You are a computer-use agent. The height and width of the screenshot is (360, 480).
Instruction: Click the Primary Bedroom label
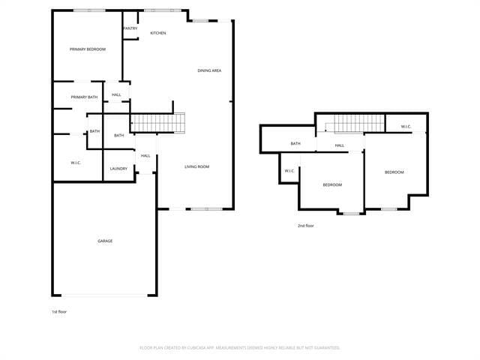pyautogui.click(x=88, y=49)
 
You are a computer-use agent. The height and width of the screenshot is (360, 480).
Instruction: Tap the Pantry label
pyautogui.click(x=130, y=28)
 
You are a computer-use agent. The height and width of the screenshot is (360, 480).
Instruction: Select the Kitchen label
pyautogui.click(x=157, y=33)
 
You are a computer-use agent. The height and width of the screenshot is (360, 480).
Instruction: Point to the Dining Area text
pyautogui.click(x=209, y=70)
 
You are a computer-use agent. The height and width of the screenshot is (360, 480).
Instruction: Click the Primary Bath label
pyautogui.click(x=84, y=97)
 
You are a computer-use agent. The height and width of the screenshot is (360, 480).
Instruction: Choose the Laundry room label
pyautogui.click(x=118, y=169)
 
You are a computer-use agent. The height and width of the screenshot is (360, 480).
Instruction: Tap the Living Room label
pyautogui.click(x=196, y=166)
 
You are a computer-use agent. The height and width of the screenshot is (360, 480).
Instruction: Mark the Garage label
pyautogui.click(x=105, y=241)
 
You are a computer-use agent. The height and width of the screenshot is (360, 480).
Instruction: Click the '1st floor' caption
pyautogui.click(x=59, y=311)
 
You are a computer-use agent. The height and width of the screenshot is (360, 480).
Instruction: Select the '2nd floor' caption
pyautogui.click(x=306, y=226)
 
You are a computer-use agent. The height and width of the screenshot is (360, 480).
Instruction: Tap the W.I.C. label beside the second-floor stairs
pyautogui.click(x=406, y=126)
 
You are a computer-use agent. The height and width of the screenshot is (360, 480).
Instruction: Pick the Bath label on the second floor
pyautogui.click(x=295, y=143)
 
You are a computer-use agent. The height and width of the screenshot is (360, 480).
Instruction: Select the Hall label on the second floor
pyautogui.click(x=340, y=145)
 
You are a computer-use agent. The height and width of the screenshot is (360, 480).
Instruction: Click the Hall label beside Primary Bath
pyautogui.click(x=116, y=94)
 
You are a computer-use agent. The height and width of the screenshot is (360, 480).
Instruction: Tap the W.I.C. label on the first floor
pyautogui.click(x=76, y=163)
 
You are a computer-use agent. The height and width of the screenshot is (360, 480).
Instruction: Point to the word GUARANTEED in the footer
pyautogui.click(x=325, y=348)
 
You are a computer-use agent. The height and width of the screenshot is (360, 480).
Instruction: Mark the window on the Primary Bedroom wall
pyautogui.click(x=89, y=10)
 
